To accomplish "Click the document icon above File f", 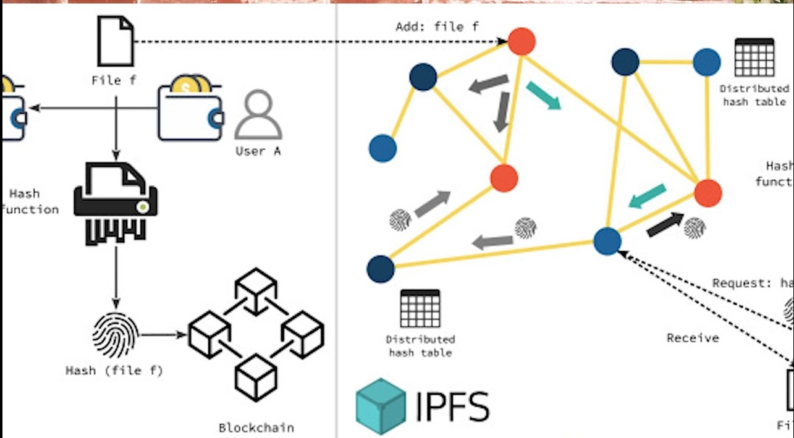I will [x=116, y=41].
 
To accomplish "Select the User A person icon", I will [x=258, y=115].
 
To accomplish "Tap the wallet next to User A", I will [x=190, y=109].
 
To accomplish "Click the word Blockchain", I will [x=256, y=427].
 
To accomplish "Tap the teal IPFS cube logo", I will [x=381, y=406].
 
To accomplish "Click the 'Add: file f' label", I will [x=436, y=27].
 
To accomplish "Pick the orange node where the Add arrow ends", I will [x=522, y=41].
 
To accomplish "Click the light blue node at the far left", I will [x=382, y=148].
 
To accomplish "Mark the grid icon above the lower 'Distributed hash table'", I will [x=420, y=308].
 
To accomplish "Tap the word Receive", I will [x=693, y=338].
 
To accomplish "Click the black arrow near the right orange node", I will [x=665, y=224].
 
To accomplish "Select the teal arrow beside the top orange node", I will [x=543, y=96].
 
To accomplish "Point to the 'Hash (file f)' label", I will [x=115, y=371].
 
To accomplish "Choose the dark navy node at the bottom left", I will [x=381, y=269].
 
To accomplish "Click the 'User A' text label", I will [x=258, y=151].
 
